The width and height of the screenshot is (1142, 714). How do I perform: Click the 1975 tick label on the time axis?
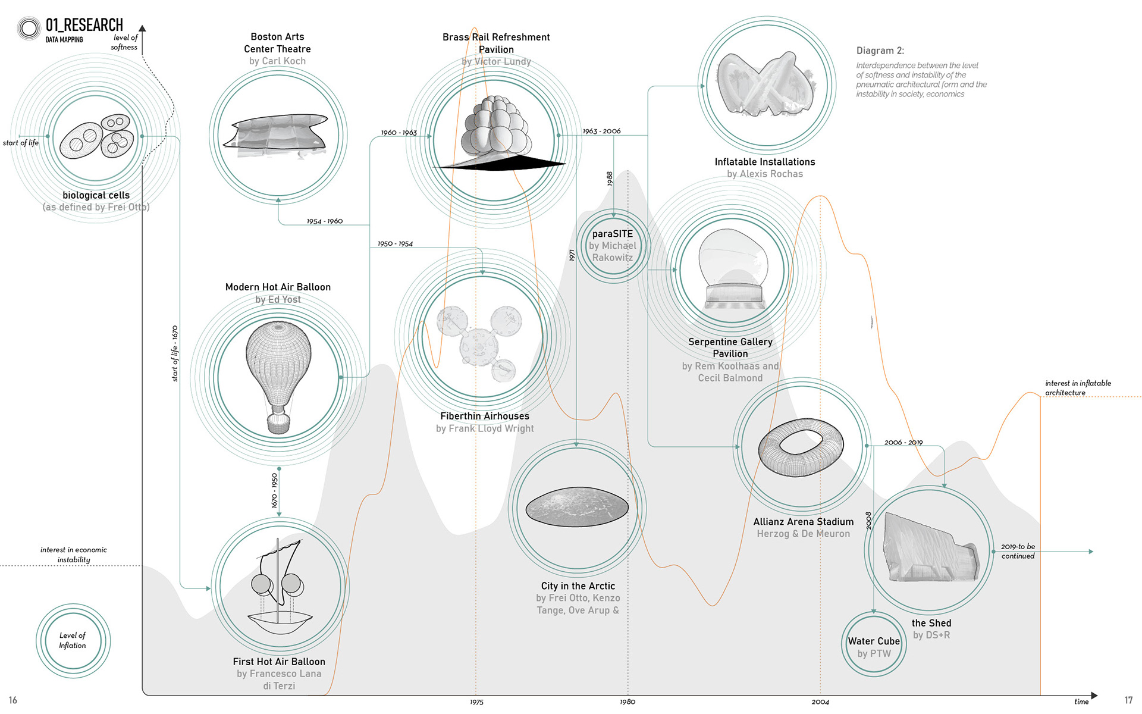(x=476, y=702)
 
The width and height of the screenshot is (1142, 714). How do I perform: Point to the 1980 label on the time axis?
(x=628, y=702)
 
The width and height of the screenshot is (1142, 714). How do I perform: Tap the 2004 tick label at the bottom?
(x=820, y=702)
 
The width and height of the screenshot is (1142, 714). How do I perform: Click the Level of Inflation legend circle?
(x=73, y=641)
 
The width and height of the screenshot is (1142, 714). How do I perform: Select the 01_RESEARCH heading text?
(x=84, y=25)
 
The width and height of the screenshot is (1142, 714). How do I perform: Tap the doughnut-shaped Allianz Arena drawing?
(x=801, y=447)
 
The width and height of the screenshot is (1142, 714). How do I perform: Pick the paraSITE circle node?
(x=613, y=245)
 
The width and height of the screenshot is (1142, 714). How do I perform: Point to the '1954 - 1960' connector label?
(x=325, y=221)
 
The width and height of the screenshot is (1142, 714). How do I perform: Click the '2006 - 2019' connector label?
(x=903, y=443)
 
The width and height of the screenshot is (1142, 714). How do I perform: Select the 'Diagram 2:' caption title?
(x=880, y=51)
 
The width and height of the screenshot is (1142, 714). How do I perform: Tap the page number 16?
(x=13, y=700)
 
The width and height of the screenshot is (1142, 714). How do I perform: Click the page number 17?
(x=1128, y=700)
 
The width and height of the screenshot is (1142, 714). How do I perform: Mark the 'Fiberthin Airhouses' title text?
(x=485, y=416)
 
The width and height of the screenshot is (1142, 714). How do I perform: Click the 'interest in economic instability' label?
(x=74, y=555)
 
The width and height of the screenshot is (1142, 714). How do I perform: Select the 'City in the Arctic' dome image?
(x=577, y=507)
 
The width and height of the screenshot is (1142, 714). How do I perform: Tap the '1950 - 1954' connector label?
(x=395, y=244)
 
